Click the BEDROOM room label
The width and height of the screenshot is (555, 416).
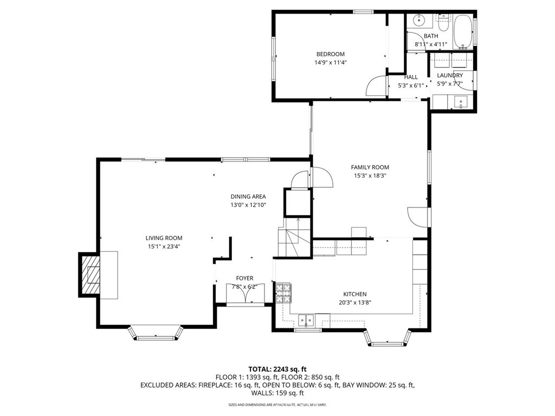(x=330, y=54)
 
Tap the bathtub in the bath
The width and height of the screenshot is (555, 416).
(x=463, y=31)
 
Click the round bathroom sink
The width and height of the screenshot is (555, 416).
(x=420, y=20)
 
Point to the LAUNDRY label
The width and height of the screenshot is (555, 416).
(x=450, y=75)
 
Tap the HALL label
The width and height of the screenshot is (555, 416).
(x=411, y=77)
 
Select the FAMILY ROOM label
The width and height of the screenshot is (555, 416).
(x=370, y=167)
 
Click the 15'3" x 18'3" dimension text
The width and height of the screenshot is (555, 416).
(x=370, y=176)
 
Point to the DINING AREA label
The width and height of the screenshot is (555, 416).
(x=248, y=197)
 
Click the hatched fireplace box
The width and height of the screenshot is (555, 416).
(x=91, y=275)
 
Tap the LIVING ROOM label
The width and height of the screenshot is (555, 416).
(x=164, y=238)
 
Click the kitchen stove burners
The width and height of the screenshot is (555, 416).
(x=283, y=293)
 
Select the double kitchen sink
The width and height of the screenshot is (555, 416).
(x=306, y=321)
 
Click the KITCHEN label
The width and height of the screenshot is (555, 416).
(x=355, y=294)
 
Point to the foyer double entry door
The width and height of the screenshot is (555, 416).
(x=244, y=292)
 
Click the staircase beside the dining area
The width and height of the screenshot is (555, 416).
(x=294, y=238)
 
